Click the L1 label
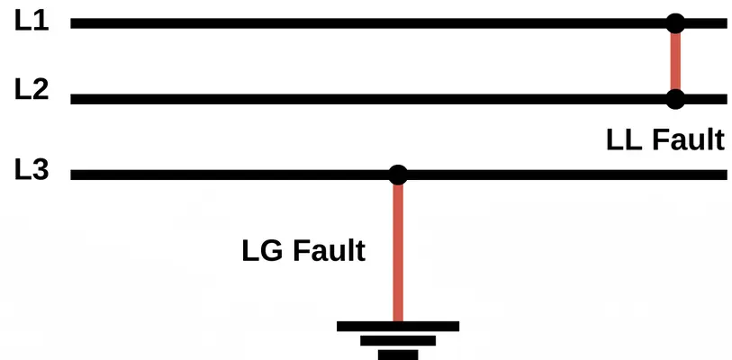pos(31,21)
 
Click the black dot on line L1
pos(675,23)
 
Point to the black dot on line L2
pos(675,99)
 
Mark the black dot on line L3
pos(398,175)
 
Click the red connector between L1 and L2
pos(675,61)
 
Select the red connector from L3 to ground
pos(398,252)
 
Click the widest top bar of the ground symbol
pos(398,326)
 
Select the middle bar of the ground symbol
pos(398,341)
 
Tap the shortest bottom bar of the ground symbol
pos(398,355)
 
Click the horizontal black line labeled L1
pos(360,23)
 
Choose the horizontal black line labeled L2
pos(360,99)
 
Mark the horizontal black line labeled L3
pos(225,175)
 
